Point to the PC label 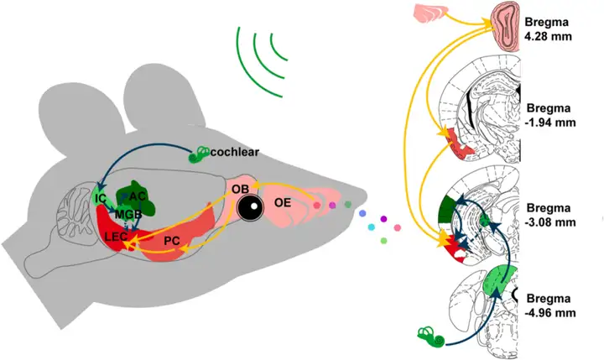click(x=173, y=241)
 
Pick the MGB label click(x=128, y=213)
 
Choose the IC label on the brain click(x=101, y=199)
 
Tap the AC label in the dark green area click(x=138, y=196)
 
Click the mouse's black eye click(x=248, y=207)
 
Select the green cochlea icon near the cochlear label click(x=200, y=154)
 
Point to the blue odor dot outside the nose click(x=362, y=215)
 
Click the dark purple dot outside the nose click(x=384, y=219)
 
